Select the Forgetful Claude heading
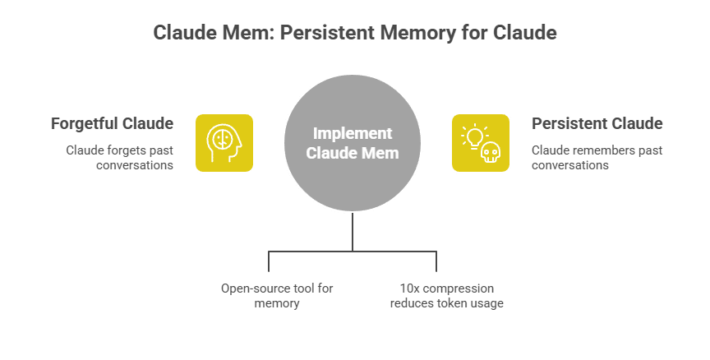pyautogui.click(x=112, y=124)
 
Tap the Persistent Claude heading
pyautogui.click(x=597, y=124)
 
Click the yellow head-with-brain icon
pyautogui.click(x=224, y=143)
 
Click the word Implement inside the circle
pyautogui.click(x=353, y=134)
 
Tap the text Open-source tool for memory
pyautogui.click(x=276, y=296)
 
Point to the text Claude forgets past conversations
pyautogui.click(x=120, y=157)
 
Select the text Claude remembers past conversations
pyautogui.click(x=597, y=157)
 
